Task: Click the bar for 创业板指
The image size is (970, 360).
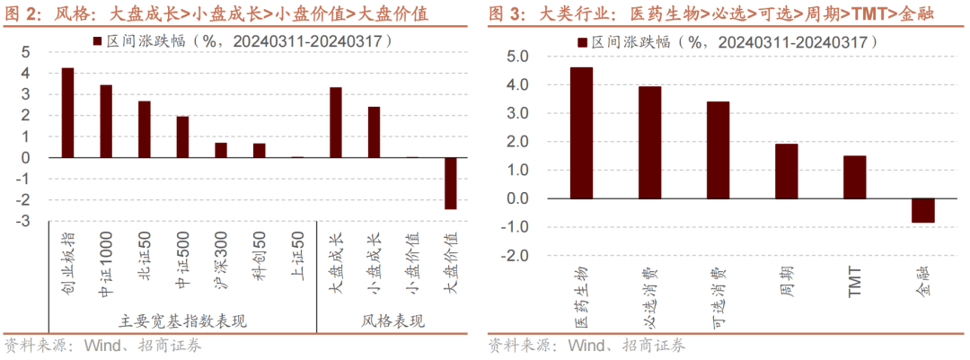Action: (67, 113)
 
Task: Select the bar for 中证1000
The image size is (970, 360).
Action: (106, 121)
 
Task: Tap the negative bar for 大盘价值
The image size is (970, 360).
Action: (450, 183)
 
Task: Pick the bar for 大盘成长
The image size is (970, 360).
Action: (335, 122)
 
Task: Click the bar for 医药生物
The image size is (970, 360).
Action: (581, 133)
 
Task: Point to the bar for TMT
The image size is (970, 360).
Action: (855, 177)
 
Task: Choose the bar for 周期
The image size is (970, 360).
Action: (787, 171)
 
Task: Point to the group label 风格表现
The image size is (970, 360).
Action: (393, 321)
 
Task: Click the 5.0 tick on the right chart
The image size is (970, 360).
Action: (517, 57)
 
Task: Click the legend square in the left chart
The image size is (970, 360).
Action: (96, 41)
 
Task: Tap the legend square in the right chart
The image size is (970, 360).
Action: (583, 41)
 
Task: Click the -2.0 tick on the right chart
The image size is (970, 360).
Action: (515, 256)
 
